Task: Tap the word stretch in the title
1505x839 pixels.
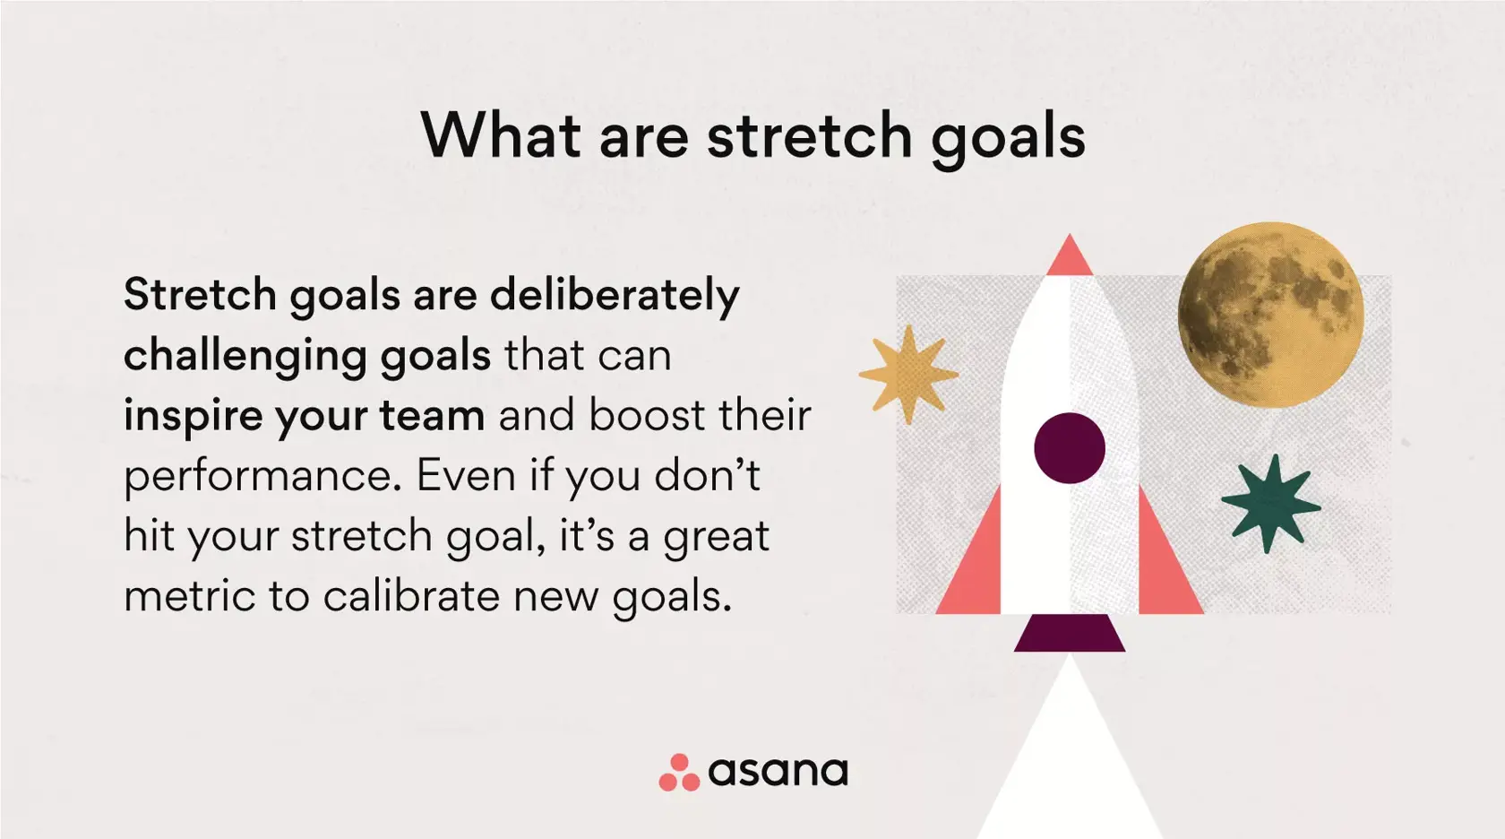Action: coord(809,136)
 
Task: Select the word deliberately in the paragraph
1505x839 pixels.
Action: coord(615,296)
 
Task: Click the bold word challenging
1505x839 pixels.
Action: coord(245,356)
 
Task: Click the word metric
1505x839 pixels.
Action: coord(189,597)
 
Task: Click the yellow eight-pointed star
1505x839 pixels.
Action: coord(908,375)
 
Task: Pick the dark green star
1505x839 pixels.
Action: coord(1269,504)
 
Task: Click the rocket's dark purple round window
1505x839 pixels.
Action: coord(1069,448)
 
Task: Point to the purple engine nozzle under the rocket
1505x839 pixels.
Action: coord(1069,633)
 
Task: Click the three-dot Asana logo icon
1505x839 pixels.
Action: coord(678,773)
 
